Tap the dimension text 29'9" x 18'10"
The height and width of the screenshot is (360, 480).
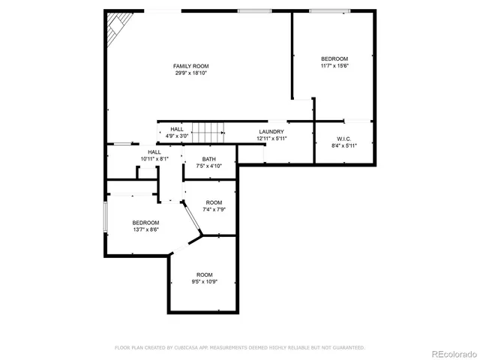pos(190,73)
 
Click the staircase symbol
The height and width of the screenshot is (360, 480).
pos(206,133)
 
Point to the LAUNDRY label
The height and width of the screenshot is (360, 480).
pos(271,131)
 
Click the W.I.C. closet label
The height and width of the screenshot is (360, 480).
pos(344,139)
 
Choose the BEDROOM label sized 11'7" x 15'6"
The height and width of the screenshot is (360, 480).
pos(334,58)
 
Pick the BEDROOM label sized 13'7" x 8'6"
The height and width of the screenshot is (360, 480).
pos(145,222)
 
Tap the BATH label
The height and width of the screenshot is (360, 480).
pos(208,158)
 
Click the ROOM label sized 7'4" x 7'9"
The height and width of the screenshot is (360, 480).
pos(214,202)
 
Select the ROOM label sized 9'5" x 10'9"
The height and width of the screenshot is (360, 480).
pos(205,274)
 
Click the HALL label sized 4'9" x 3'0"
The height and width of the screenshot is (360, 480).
pos(176,130)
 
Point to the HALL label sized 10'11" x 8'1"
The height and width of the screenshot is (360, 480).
pos(154,152)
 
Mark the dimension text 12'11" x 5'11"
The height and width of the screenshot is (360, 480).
pos(271,138)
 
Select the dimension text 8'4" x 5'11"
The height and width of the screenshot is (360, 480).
pos(344,145)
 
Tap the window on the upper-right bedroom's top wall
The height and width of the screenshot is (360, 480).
pos(329,10)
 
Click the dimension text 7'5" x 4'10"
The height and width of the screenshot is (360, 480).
pos(208,165)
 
